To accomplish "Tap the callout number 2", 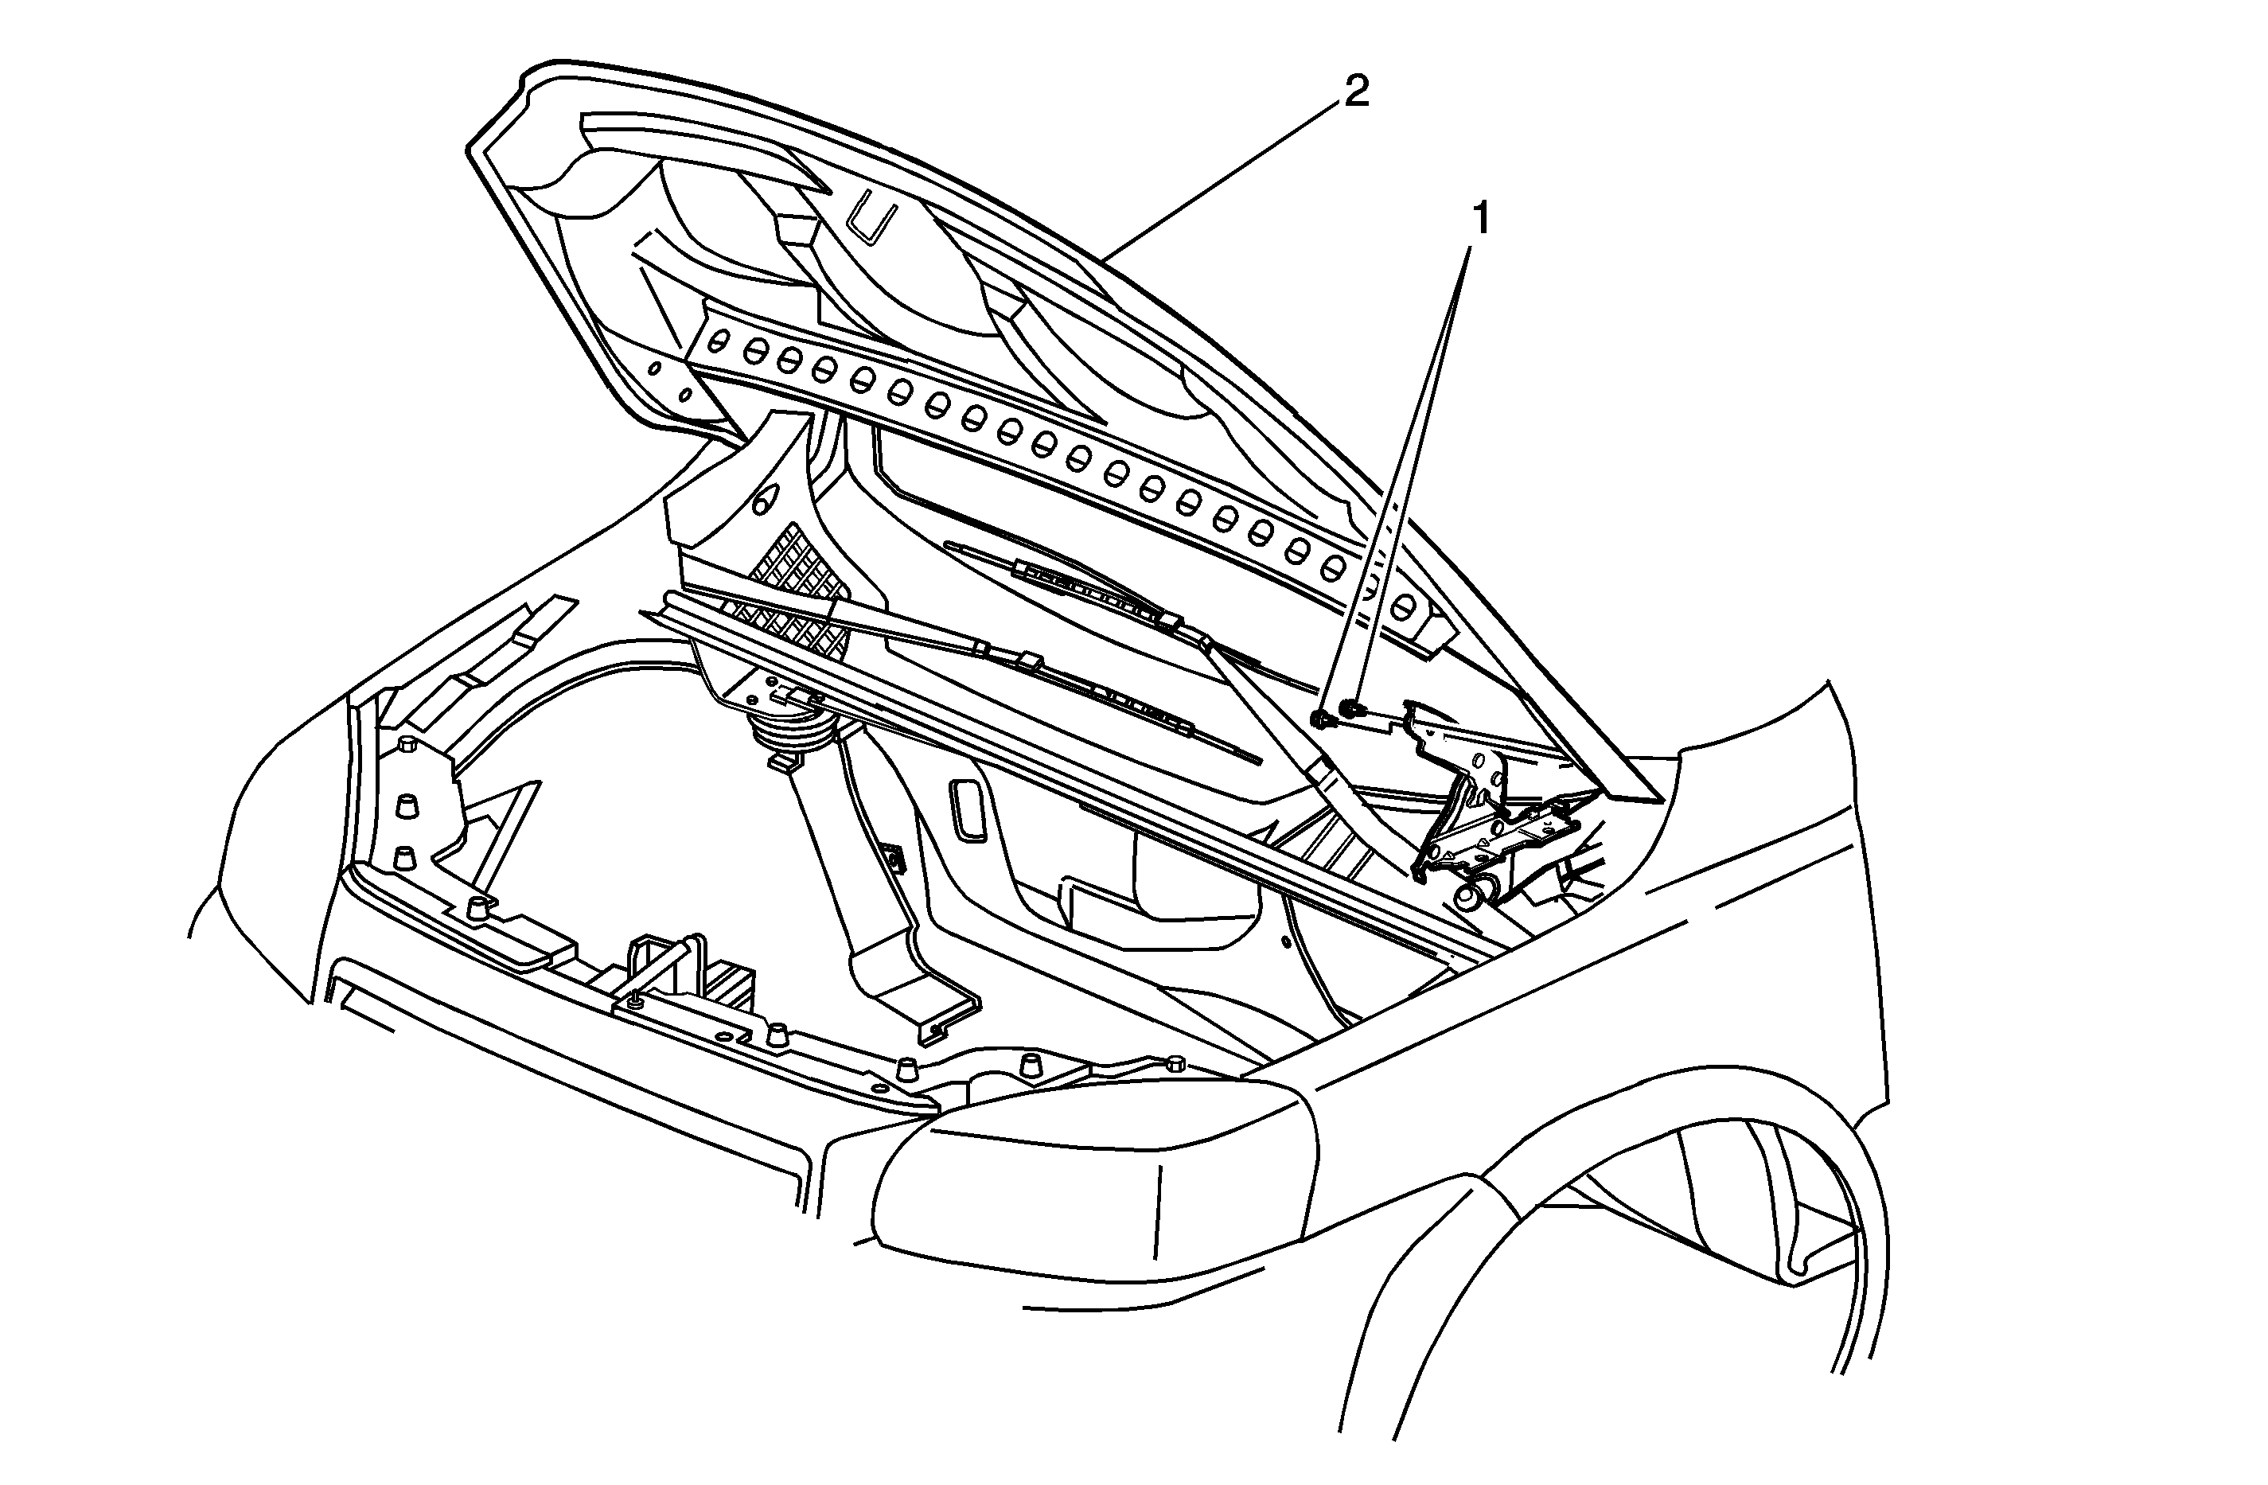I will [x=1356, y=92].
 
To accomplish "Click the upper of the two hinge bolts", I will [x=1350, y=707].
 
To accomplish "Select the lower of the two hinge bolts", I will [x=1320, y=719].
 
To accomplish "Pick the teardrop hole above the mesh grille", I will [x=763, y=500].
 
